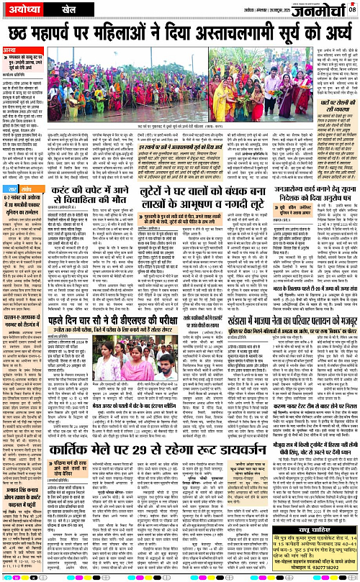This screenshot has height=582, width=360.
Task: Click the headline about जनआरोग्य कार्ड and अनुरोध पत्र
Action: tap(312, 197)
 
